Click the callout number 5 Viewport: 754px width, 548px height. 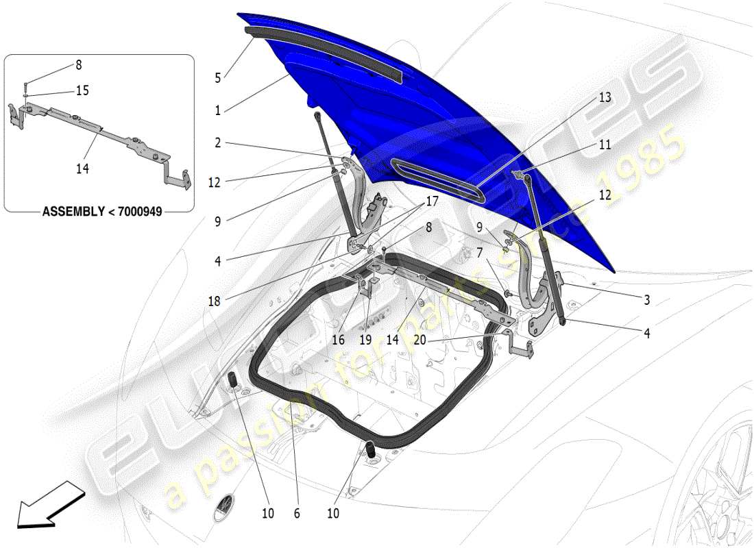217,78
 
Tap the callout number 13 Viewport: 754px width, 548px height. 604,98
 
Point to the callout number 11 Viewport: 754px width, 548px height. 604,145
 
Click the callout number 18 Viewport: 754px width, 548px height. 214,300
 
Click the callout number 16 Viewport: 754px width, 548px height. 339,338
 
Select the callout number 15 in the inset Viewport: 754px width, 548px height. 83,90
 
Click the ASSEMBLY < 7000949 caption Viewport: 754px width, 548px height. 102,212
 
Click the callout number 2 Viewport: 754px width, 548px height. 217,143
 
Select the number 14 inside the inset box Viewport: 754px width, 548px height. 83,168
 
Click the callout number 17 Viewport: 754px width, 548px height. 431,202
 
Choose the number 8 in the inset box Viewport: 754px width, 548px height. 78,65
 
